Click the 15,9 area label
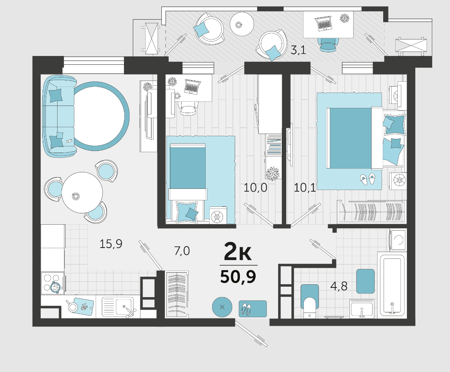pos(111,244)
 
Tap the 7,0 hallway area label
pos(182,251)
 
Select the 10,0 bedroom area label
pos(255,188)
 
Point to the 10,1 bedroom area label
pos(305,188)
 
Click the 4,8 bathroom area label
pos(339,286)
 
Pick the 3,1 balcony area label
pos(298,50)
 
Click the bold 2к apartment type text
pos(237,252)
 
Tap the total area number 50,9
pos(238,277)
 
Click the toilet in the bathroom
pos(310,302)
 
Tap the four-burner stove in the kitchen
pos(53,283)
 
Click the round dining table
pos(82,192)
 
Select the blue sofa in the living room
pos(58,116)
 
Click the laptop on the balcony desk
pos(324,23)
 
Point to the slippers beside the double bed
pos(367,178)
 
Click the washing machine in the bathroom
pos(398,240)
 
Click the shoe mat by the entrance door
pos(252,308)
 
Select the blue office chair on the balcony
pos(327,45)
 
